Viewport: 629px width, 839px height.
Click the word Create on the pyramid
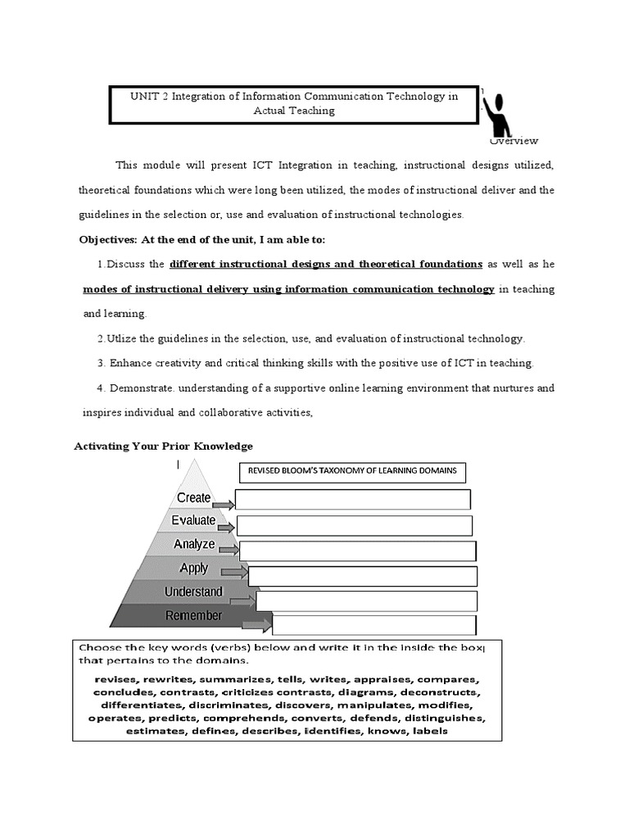click(194, 497)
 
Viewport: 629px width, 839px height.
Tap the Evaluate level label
click(194, 520)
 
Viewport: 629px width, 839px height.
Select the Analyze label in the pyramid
click(194, 544)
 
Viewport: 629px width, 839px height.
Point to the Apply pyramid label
click(194, 568)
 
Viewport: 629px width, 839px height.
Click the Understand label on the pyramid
click(193, 592)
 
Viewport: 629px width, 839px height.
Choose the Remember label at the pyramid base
click(193, 615)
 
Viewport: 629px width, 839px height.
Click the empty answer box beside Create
click(352, 500)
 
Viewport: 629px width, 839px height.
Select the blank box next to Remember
click(373, 625)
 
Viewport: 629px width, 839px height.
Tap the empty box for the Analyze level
click(357, 551)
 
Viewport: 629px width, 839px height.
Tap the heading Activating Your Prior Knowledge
click(163, 446)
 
